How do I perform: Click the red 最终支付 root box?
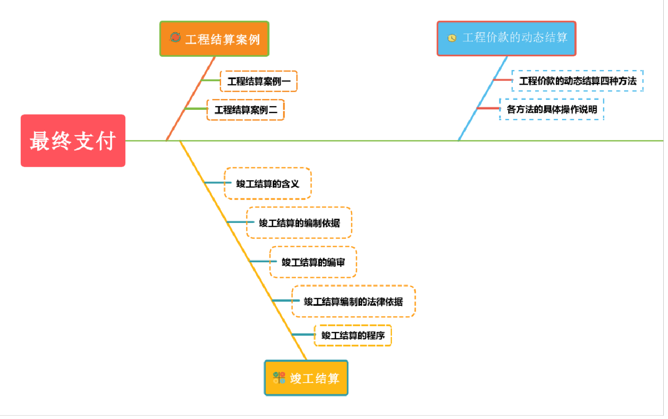(73, 141)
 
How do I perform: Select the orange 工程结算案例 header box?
(214, 39)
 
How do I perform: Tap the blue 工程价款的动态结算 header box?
(506, 38)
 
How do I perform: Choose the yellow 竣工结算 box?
(306, 378)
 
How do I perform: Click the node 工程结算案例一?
(259, 81)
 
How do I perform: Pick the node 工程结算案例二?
(245, 110)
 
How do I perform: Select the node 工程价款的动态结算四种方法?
(577, 81)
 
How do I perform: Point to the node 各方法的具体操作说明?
(552, 109)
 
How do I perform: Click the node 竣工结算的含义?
(268, 184)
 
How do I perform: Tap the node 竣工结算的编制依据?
(299, 223)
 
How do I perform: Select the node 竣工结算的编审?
(313, 262)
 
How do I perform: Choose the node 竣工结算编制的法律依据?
(353, 302)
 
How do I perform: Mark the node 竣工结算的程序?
(353, 336)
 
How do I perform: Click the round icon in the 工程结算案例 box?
(175, 37)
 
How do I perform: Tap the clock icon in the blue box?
(452, 38)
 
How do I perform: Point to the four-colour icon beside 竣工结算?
(279, 378)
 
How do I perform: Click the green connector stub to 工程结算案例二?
(196, 109)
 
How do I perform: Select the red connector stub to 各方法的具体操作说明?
(488, 108)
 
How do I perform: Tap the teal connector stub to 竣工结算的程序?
(304, 335)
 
